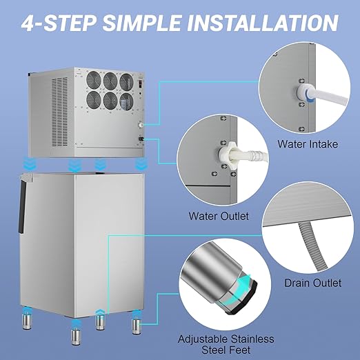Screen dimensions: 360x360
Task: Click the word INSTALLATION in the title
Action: [263, 23]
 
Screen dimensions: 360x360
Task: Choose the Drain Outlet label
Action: [313, 283]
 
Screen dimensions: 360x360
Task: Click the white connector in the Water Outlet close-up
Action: [227, 156]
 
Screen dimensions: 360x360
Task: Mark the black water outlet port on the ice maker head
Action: [141, 140]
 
